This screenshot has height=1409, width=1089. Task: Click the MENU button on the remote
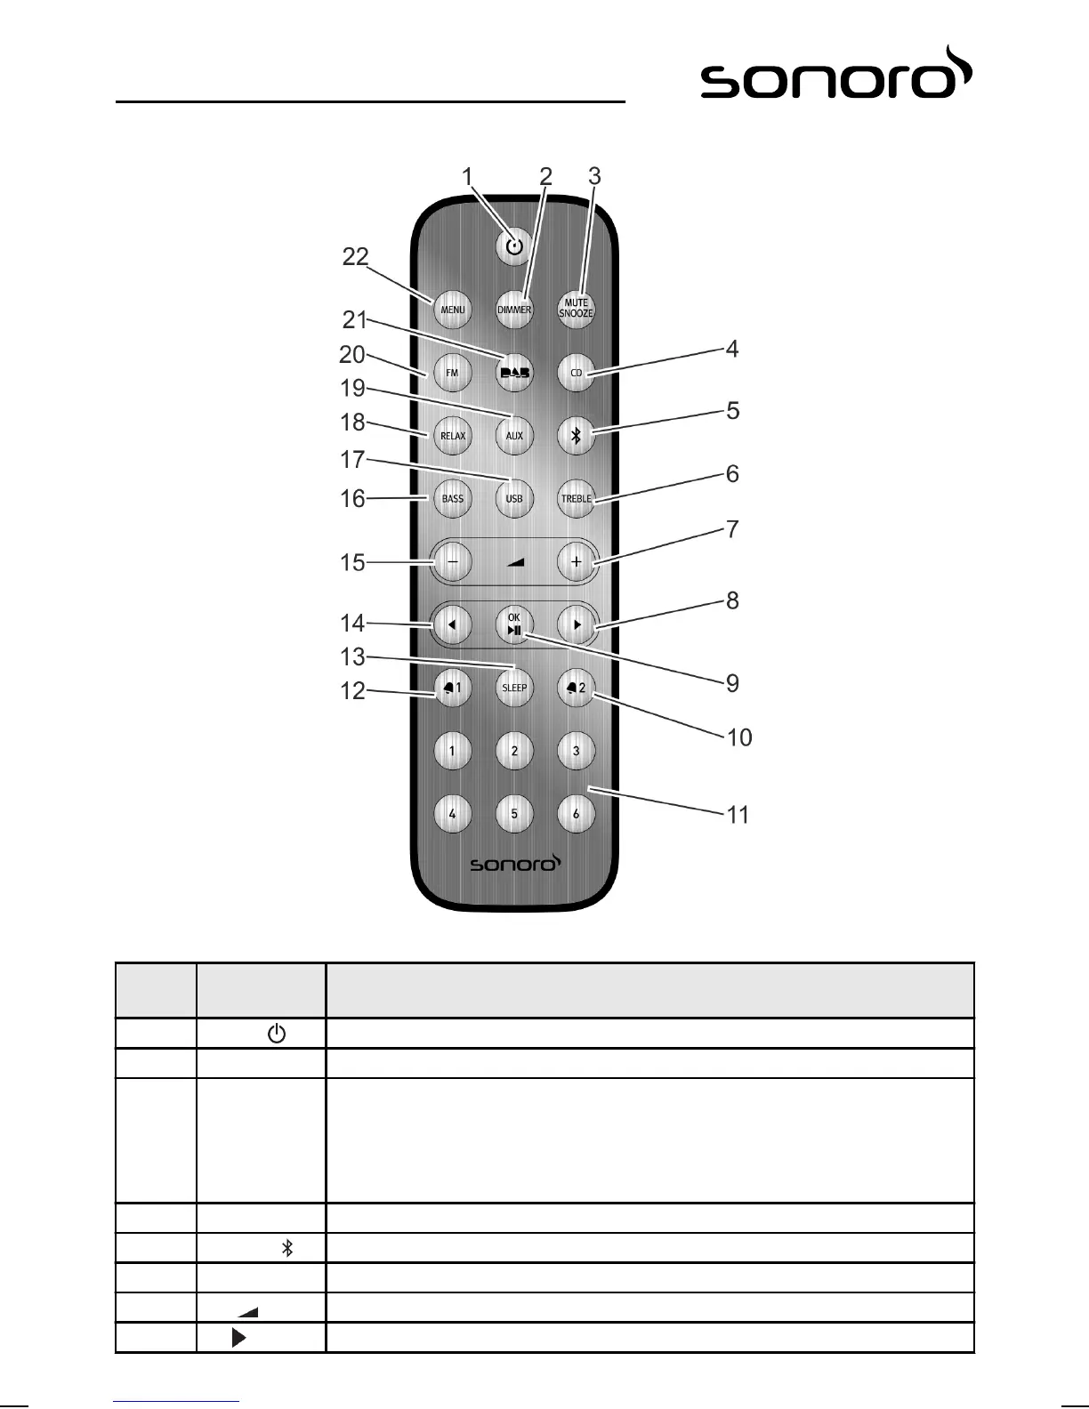pos(453,310)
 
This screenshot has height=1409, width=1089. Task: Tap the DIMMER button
pos(514,310)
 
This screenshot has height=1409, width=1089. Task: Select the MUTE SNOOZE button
pos(577,309)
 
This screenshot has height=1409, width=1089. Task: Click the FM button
pos(453,373)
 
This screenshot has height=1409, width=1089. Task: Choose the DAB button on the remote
pos(514,373)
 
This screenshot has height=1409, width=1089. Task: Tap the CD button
pos(577,373)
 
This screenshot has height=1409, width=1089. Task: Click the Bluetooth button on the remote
pos(577,436)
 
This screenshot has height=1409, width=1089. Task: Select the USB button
pos(514,498)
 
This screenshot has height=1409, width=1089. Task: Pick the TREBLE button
pos(577,498)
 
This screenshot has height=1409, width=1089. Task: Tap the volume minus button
pos(453,562)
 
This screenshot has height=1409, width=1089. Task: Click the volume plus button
pos(577,562)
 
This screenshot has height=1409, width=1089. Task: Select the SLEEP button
pos(514,688)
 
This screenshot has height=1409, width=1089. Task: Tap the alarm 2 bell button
pos(577,688)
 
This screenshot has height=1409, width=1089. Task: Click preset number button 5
pos(514,813)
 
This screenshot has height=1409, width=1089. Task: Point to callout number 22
pos(356,257)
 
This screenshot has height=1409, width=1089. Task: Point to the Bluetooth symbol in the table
pos(287,1248)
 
